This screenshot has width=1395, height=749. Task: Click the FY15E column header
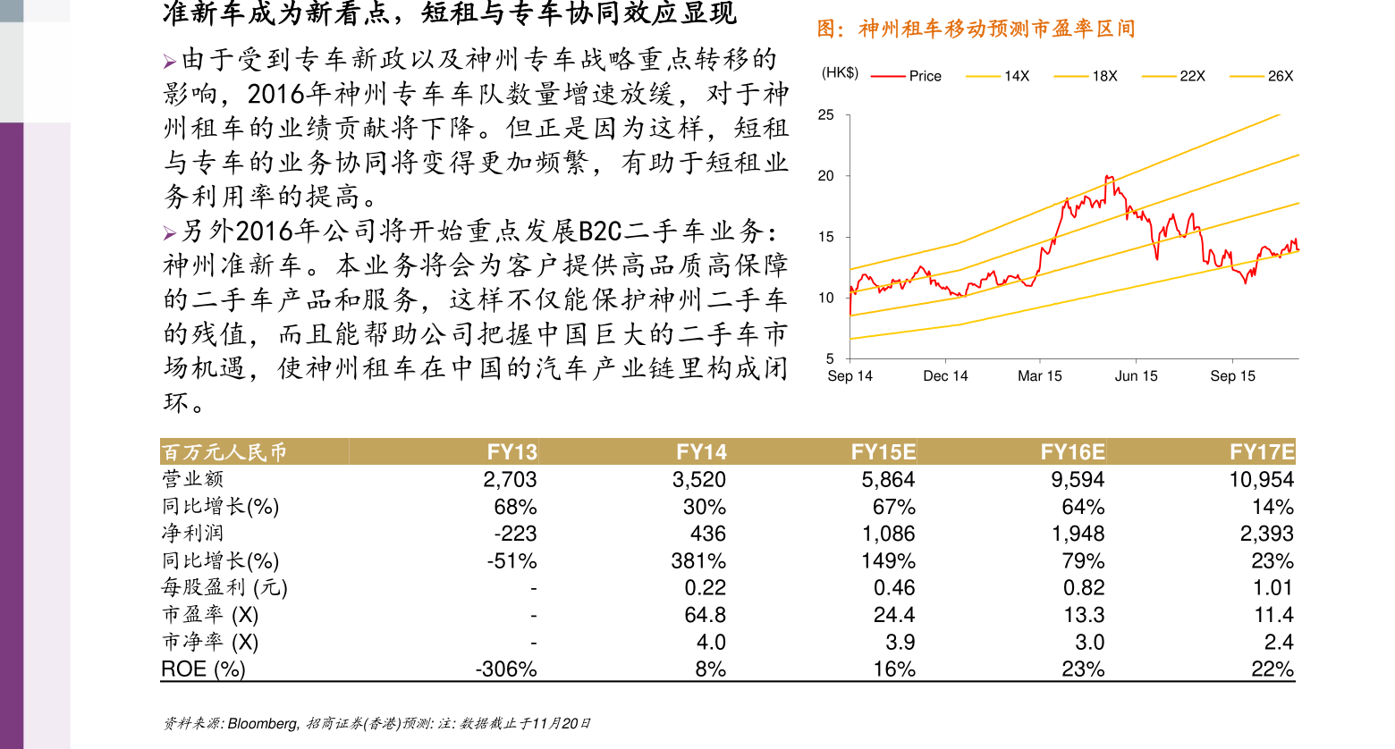[x=883, y=452]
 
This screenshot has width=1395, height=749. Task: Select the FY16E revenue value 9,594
[x=1077, y=480]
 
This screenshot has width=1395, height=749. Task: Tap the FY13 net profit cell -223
[x=515, y=534]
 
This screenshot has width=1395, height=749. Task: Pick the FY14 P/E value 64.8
[x=705, y=615]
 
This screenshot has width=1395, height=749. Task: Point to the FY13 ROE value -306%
[x=506, y=669]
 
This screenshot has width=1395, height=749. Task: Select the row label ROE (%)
[x=203, y=669]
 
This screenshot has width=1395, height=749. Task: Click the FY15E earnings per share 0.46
[x=893, y=588]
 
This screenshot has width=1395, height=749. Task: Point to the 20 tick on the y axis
[x=825, y=176]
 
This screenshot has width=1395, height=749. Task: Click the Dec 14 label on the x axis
[x=945, y=376]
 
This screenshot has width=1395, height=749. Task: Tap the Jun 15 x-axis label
[x=1136, y=376]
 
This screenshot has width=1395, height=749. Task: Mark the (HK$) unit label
[x=840, y=73]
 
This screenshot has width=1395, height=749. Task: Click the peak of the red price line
[x=1109, y=177]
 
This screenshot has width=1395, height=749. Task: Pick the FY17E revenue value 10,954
[x=1261, y=480]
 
